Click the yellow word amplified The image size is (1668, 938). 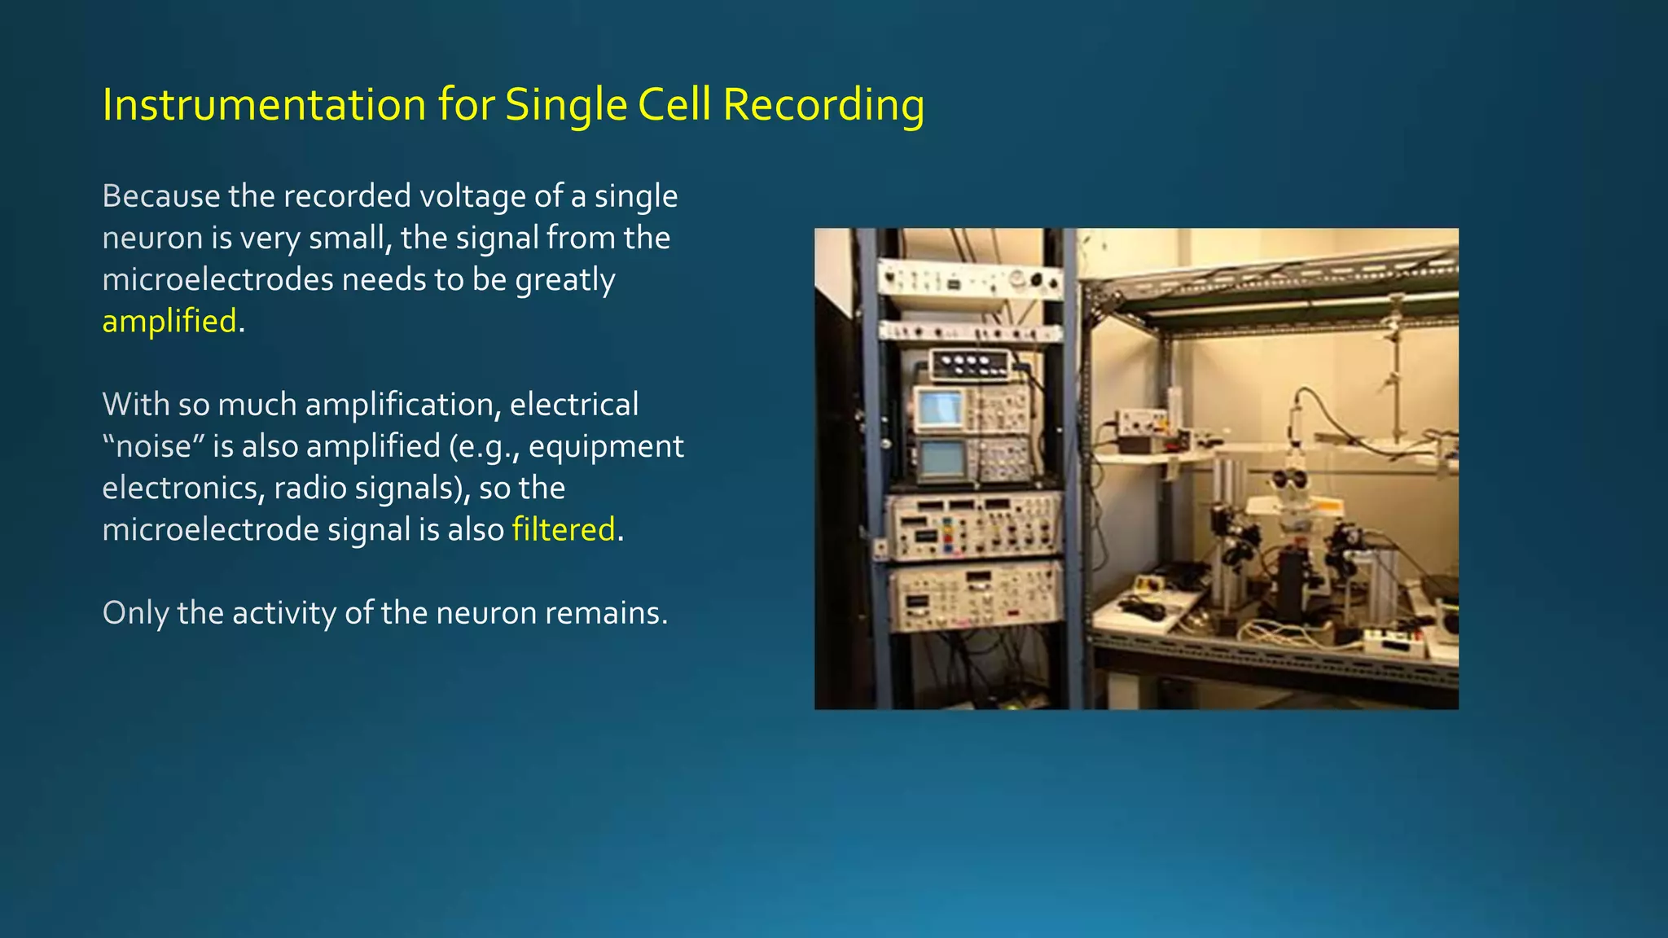tap(169, 321)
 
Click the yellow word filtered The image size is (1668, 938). tap(563, 529)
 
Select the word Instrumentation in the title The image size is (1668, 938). tap(264, 105)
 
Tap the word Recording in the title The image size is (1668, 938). tap(823, 105)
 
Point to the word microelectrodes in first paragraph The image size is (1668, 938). tap(217, 279)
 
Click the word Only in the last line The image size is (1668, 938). tap(135, 612)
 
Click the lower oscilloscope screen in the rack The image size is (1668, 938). tap(941, 459)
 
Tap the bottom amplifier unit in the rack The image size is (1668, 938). tap(974, 596)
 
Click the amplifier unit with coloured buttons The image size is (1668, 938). tap(974, 526)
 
